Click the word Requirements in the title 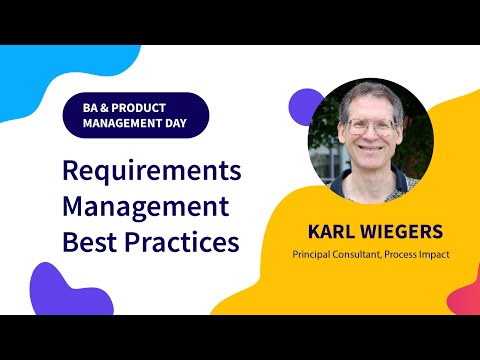pos(151,170)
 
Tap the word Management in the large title pos(145,206)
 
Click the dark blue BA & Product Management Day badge pos(135,115)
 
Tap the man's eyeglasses pos(371,126)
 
